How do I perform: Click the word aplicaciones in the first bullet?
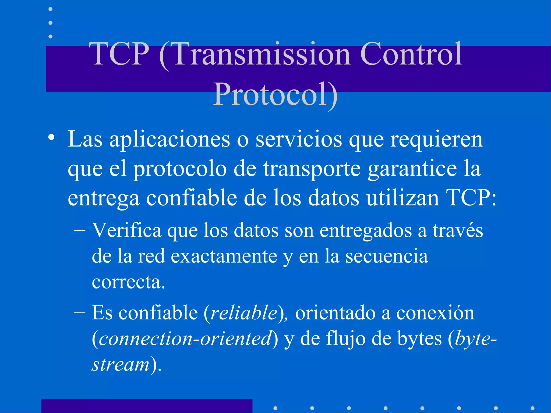169,140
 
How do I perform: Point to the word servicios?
299,140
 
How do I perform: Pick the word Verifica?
126,231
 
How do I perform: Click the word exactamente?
224,256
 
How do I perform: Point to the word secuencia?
387,256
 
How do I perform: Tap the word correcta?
128,282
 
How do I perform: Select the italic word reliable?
244,313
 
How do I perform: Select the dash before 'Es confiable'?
80,313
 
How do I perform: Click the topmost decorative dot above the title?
50,9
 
